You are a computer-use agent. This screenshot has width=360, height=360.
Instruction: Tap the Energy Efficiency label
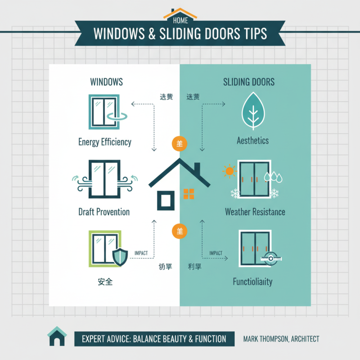click(105, 142)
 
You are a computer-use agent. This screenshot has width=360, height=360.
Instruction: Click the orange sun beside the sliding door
click(230, 171)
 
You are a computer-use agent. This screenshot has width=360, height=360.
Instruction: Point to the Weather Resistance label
click(255, 212)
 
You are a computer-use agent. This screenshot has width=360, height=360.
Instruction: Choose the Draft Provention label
click(104, 212)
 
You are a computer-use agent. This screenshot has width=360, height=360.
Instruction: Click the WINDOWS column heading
click(107, 82)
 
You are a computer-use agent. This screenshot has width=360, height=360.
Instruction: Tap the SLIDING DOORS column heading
click(249, 82)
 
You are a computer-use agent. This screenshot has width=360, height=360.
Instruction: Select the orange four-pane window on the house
click(189, 194)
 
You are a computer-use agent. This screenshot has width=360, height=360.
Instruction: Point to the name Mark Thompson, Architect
click(281, 338)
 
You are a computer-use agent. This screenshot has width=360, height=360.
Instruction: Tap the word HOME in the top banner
click(180, 20)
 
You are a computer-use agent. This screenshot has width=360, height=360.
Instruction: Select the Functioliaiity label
click(252, 282)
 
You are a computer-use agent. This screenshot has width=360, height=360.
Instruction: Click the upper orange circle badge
click(179, 144)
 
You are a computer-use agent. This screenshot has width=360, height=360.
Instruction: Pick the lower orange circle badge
click(179, 231)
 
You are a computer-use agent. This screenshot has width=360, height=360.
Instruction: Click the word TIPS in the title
click(250, 33)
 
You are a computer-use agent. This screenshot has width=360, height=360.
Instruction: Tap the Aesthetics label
click(252, 141)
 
